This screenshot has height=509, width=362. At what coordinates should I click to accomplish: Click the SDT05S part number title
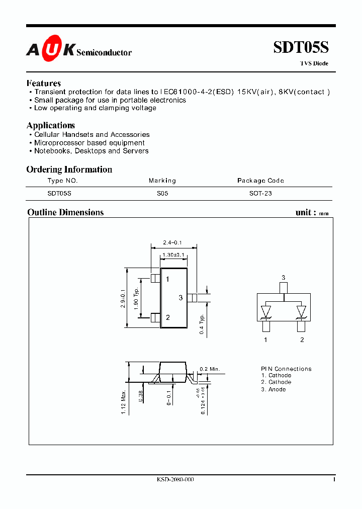pyautogui.click(x=301, y=48)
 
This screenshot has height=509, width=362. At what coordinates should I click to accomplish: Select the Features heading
pyautogui.click(x=44, y=83)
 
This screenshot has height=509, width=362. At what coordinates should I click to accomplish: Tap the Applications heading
pyautogui.click(x=51, y=126)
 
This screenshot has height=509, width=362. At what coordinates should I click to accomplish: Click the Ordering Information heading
pyautogui.click(x=69, y=169)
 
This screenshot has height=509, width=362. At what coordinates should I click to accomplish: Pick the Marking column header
pyautogui.click(x=162, y=181)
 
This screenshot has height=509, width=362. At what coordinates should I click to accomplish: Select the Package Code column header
pyautogui.click(x=260, y=181)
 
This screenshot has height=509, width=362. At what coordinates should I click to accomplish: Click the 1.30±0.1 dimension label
pyautogui.click(x=172, y=255)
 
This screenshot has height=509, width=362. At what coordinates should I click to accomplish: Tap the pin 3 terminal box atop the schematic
pyautogui.click(x=284, y=287)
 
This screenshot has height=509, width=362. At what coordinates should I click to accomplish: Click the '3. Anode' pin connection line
pyautogui.click(x=274, y=389)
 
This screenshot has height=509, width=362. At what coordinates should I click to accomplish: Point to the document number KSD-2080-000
pyautogui.click(x=175, y=480)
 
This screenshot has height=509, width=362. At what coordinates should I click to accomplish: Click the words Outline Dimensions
pyautogui.click(x=65, y=212)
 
